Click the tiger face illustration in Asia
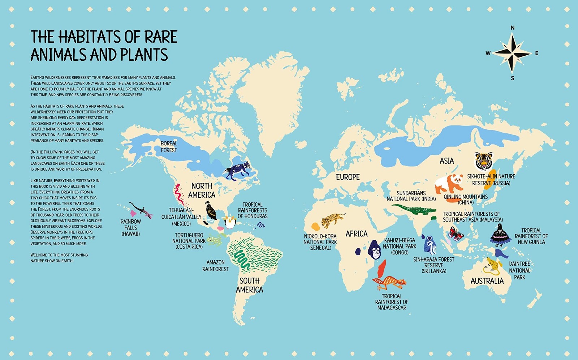click(x=484, y=161)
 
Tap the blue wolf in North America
click(x=237, y=170)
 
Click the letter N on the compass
click(x=512, y=28)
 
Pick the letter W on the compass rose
click(x=488, y=53)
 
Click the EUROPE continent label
click(x=348, y=177)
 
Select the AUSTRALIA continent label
click(x=487, y=281)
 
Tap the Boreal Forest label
click(x=169, y=147)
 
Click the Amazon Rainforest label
click(x=215, y=266)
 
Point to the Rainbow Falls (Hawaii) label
click(x=131, y=227)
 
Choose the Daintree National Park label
click(x=519, y=270)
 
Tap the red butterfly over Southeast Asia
click(x=456, y=234)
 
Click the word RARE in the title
click(x=161, y=37)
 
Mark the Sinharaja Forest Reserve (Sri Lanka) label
click(x=433, y=265)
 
